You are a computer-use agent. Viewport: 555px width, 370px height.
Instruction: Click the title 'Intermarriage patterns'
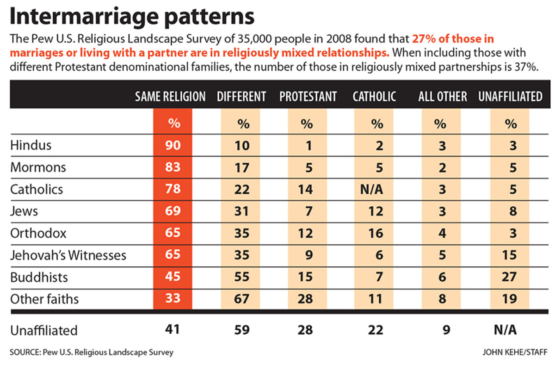132,16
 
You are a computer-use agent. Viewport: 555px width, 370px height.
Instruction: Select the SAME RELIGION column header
170,97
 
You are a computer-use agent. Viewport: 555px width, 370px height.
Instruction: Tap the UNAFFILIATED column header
510,97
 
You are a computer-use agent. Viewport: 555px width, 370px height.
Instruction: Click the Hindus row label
31,145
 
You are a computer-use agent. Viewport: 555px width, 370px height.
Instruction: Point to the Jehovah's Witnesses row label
68,255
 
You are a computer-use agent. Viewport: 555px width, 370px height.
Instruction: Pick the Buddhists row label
39,277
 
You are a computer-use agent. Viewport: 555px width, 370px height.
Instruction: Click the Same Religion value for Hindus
173,145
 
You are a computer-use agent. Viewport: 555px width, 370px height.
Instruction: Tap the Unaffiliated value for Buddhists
510,277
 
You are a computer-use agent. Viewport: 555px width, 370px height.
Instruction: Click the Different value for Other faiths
241,299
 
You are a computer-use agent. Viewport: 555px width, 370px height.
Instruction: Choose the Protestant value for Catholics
305,189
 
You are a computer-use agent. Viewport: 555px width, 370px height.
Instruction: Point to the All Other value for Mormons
443,167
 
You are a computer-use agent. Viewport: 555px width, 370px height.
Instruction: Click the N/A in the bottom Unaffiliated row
506,330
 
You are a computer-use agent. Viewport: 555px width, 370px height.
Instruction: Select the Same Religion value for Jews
173,211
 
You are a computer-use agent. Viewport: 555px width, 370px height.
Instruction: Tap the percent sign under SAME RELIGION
173,123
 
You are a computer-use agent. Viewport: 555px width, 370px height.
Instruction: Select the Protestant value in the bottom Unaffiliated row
305,330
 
